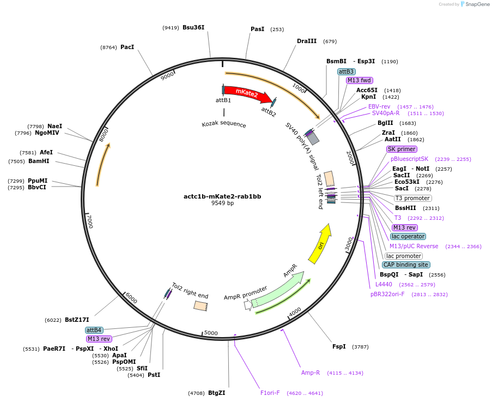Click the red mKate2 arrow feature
pyautogui.click(x=248, y=94)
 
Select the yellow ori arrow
pyautogui.click(x=319, y=244)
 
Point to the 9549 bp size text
pyautogui.click(x=222, y=203)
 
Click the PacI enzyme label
pyautogui.click(x=127, y=47)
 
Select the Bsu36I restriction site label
pyautogui.click(x=193, y=27)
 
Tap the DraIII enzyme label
pyautogui.click(x=307, y=41)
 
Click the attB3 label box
pyautogui.click(x=347, y=71)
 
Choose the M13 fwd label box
pyautogui.click(x=359, y=81)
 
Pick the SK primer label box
pyautogui.click(x=402, y=149)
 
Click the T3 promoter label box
pyautogui.click(x=412, y=198)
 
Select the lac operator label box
pyautogui.click(x=408, y=236)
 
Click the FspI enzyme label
pyautogui.click(x=339, y=346)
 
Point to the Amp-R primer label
pyautogui.click(x=311, y=373)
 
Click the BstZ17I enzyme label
pyautogui.click(x=77, y=320)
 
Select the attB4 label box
pyautogui.click(x=94, y=330)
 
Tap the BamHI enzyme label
pyautogui.click(x=39, y=161)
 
